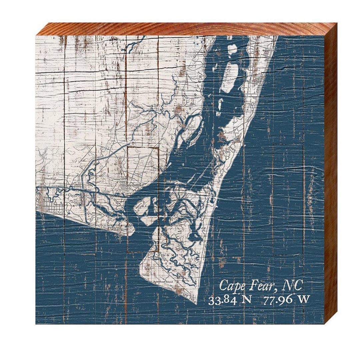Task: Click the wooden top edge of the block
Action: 187,29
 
